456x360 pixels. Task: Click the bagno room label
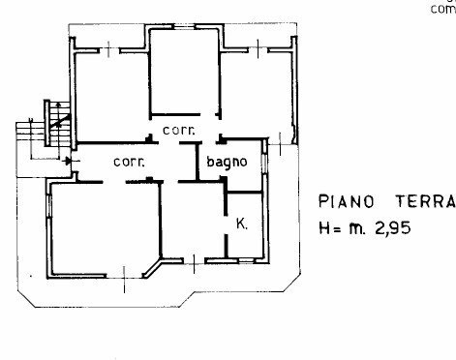(227, 162)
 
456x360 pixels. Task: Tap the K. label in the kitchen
(242, 224)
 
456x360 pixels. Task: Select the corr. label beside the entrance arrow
(129, 162)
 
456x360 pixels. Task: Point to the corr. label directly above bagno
(179, 131)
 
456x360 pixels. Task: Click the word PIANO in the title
(347, 201)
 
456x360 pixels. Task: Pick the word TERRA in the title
(426, 201)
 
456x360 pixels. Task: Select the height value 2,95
(393, 228)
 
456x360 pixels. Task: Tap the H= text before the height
(329, 228)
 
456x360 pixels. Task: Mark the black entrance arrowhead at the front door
(68, 161)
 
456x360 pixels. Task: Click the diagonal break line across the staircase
(60, 120)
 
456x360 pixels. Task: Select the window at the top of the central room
(185, 26)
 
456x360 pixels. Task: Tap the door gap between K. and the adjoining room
(226, 225)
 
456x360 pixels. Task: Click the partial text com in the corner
(443, 9)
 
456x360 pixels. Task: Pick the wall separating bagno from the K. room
(244, 193)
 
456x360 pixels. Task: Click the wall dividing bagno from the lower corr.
(197, 161)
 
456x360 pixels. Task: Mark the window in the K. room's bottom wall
(247, 260)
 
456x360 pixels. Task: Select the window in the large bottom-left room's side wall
(49, 205)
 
